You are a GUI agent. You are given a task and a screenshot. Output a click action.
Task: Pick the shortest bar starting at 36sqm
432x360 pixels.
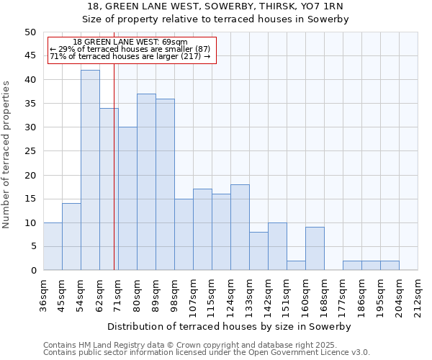coord(53,246)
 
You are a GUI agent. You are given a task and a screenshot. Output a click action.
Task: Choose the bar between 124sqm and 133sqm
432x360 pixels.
coord(240,228)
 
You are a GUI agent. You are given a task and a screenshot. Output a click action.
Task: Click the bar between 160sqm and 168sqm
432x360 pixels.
coord(315,248)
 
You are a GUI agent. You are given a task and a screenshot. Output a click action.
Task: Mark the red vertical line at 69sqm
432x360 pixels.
coord(114,180)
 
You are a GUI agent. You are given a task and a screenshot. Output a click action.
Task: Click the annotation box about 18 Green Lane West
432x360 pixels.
coord(131,50)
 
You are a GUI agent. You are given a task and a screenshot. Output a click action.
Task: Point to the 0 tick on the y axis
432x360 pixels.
coord(32,271)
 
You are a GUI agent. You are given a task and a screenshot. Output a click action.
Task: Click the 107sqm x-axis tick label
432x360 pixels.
coord(194,293)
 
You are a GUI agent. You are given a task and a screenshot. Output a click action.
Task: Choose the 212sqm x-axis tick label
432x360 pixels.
coord(418,293)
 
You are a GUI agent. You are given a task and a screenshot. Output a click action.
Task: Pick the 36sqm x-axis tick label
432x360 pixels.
coord(44,293)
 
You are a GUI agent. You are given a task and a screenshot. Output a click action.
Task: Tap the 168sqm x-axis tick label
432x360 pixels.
coord(325,293)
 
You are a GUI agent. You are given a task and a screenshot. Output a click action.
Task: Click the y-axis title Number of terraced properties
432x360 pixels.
coord(6,154)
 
